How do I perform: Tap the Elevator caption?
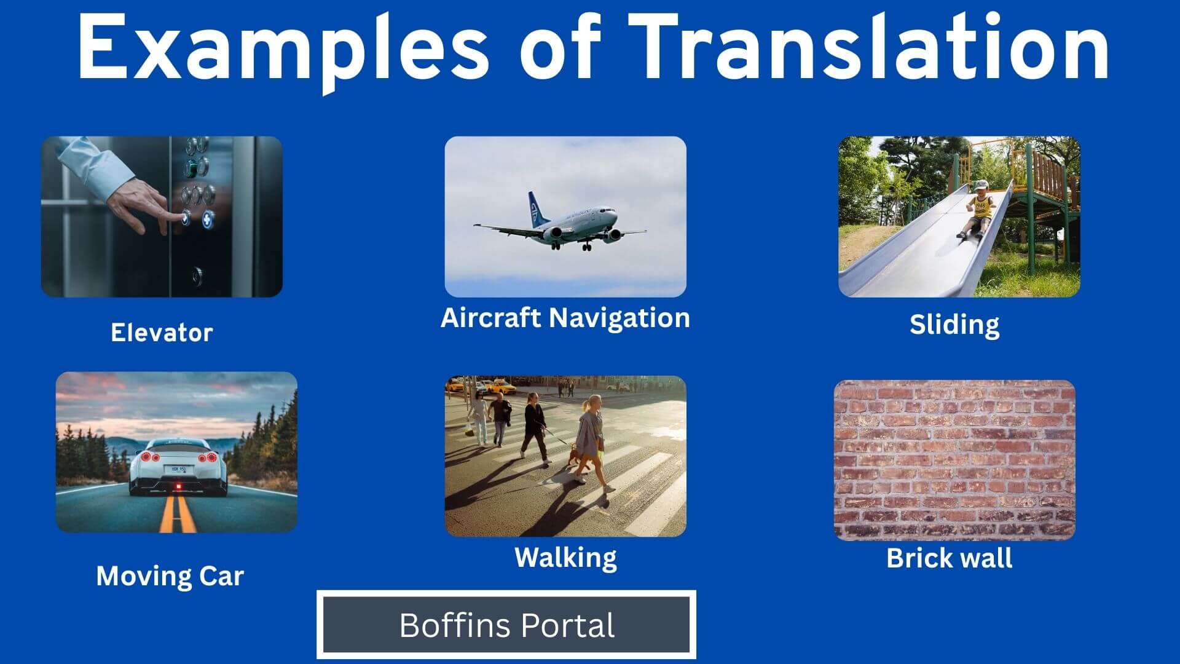point(162,333)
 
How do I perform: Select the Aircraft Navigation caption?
point(565,318)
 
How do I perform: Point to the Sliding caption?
point(954,325)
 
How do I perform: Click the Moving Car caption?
point(170,576)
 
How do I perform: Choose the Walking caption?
point(565,558)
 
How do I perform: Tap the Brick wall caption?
point(950,558)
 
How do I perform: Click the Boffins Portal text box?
point(507,625)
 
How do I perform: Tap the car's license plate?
point(179,470)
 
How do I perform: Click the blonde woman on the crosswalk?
point(591,443)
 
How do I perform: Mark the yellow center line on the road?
point(178,513)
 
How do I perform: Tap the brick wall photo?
point(954,460)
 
